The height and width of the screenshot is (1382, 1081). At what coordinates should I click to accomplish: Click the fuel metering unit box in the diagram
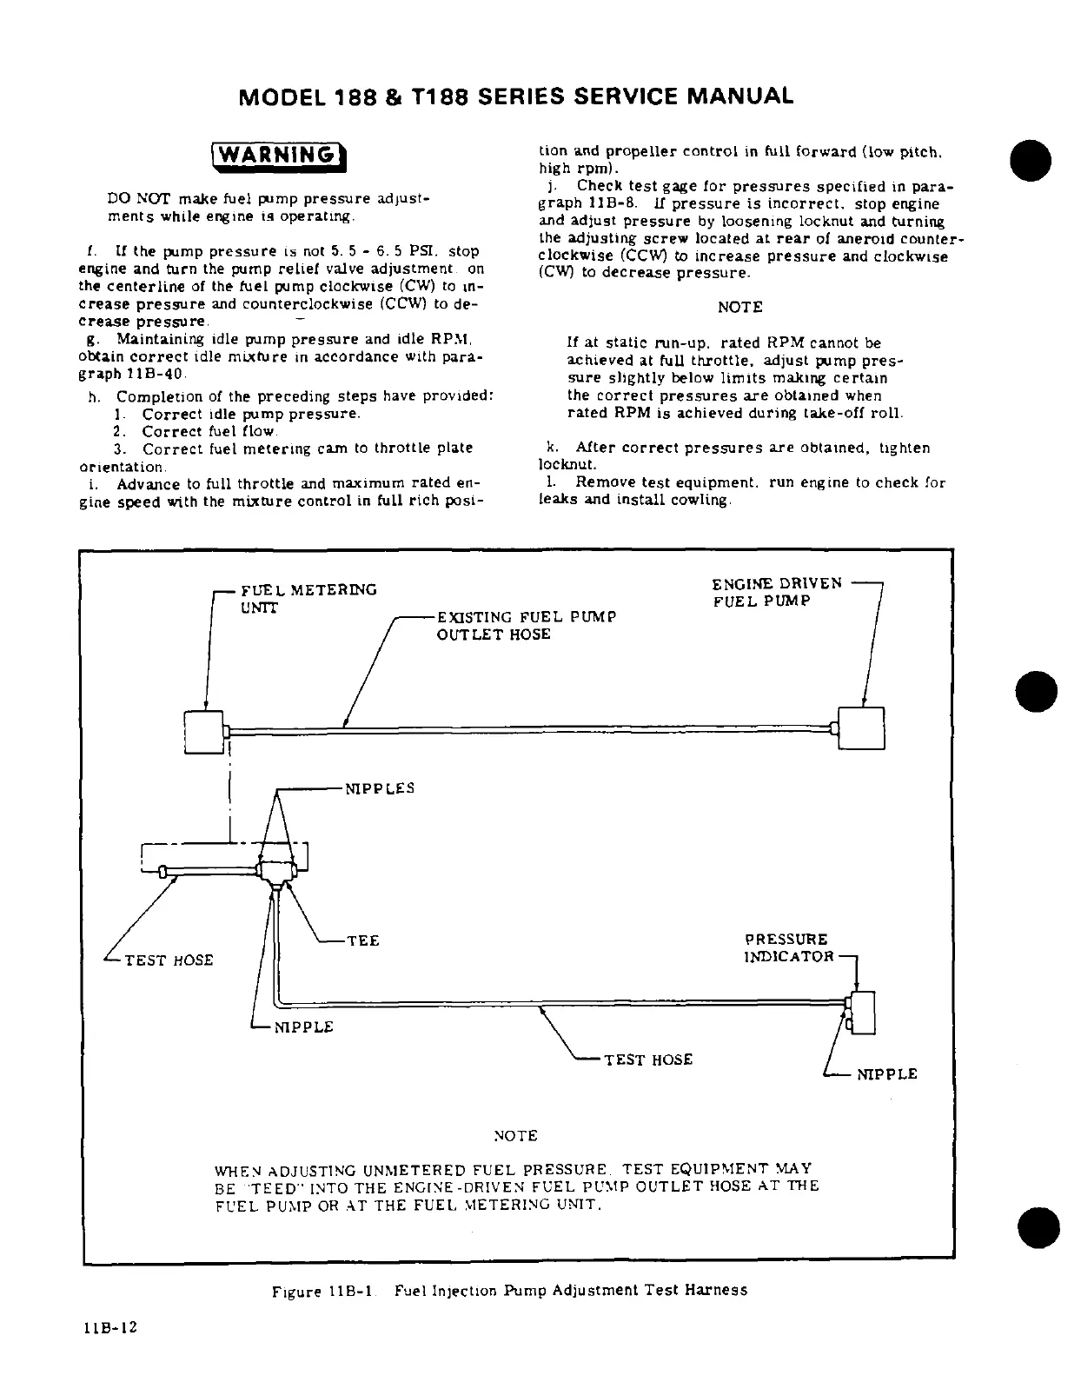click(x=204, y=730)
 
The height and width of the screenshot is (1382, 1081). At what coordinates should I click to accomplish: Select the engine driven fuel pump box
click(x=860, y=728)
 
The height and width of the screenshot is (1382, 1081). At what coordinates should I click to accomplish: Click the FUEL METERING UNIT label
click(x=308, y=599)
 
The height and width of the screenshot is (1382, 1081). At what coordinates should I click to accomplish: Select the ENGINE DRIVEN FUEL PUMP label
click(x=776, y=592)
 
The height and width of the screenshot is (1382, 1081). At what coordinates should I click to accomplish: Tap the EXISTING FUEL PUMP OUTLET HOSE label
click(x=526, y=626)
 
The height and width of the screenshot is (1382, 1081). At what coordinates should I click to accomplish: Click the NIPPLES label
click(x=380, y=789)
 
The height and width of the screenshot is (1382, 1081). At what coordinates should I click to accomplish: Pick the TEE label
click(x=363, y=941)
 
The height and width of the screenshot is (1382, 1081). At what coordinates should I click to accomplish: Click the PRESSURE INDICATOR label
click(x=788, y=948)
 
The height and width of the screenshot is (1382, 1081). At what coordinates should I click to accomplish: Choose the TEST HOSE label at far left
click(x=169, y=960)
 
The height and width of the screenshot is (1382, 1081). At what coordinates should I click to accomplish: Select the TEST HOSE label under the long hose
click(x=648, y=1060)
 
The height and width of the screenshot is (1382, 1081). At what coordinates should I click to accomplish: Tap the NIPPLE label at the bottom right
click(x=886, y=1074)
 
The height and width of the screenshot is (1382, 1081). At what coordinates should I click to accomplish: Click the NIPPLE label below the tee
click(x=303, y=1027)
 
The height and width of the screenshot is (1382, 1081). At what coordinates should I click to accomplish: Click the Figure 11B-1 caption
click(x=509, y=1291)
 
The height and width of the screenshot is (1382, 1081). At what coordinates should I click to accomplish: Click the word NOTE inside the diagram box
click(x=515, y=1136)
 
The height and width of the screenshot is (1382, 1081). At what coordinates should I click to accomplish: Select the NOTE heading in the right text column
click(x=740, y=307)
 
